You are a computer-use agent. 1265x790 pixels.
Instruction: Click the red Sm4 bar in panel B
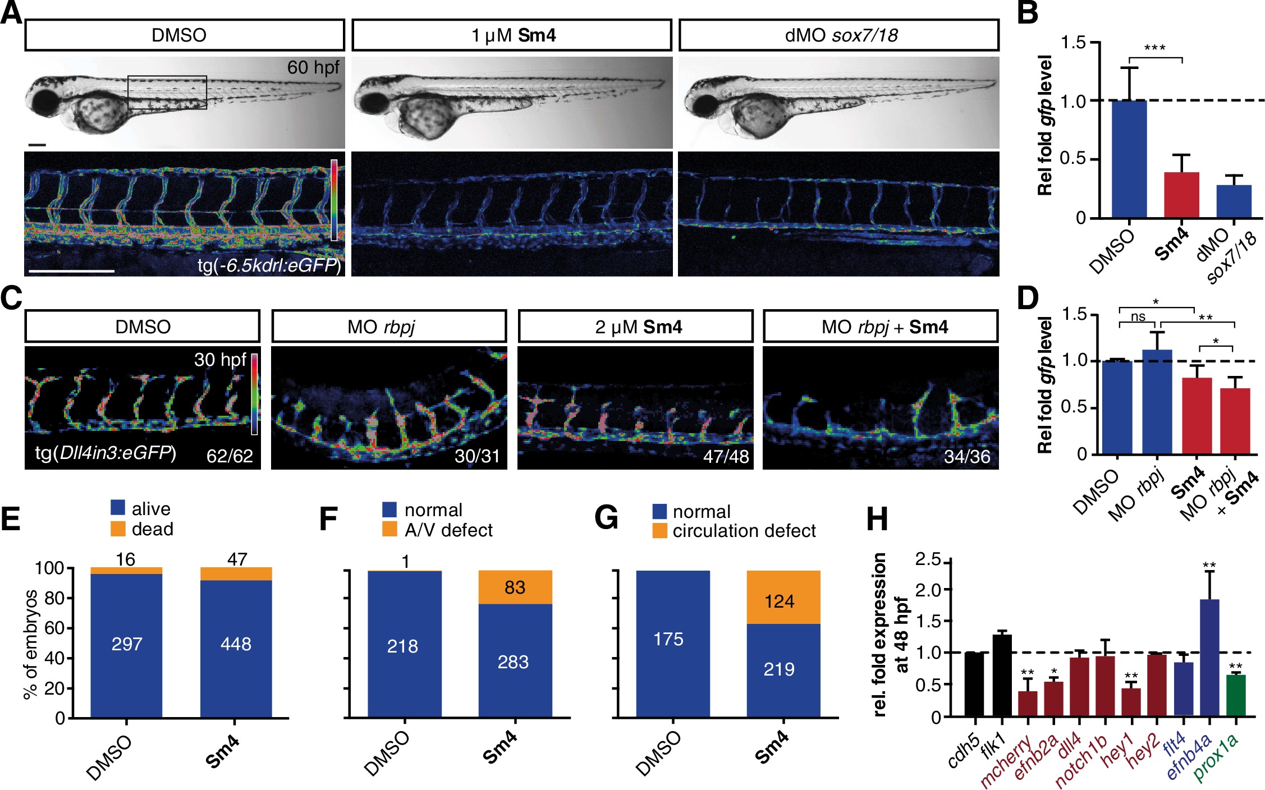tap(1181, 195)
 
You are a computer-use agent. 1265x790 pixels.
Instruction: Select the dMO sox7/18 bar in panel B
tap(1234, 201)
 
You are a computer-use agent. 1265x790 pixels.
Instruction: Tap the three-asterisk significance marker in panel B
tap(1154, 48)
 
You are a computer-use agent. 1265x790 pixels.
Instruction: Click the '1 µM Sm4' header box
tap(511, 35)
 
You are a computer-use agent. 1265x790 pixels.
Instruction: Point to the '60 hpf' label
tap(313, 67)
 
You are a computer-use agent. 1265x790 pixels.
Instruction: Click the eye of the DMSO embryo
tap(45, 103)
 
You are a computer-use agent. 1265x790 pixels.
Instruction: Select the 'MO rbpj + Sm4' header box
tap(881, 327)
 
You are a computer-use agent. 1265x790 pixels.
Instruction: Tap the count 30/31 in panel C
tap(477, 456)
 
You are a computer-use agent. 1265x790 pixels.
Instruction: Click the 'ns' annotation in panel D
tap(1138, 316)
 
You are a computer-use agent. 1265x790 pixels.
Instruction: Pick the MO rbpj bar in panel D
tap(1157, 402)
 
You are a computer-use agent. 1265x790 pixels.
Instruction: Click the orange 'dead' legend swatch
tap(118, 529)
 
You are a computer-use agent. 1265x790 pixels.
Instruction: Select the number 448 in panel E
tap(236, 644)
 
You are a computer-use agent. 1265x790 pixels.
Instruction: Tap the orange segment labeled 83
tap(515, 587)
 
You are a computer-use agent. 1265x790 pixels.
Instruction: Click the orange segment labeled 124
tap(783, 598)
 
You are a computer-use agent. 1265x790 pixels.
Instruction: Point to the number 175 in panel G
tap(668, 639)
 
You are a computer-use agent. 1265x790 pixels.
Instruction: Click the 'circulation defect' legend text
tap(744, 531)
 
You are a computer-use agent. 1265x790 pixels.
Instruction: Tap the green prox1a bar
tap(1236, 696)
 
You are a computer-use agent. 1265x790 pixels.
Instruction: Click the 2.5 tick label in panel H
tap(929, 559)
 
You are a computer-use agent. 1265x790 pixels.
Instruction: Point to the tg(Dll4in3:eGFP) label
tap(106, 452)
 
